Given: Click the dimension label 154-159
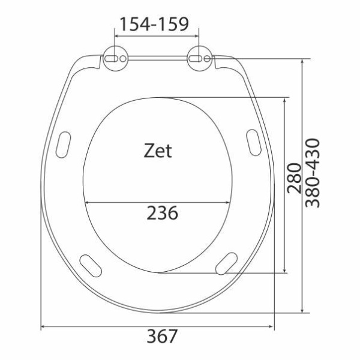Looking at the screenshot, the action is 154,25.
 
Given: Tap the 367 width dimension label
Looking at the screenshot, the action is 162,336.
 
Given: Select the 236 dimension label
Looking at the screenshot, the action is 162,213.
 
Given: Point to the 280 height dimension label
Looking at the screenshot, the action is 295,178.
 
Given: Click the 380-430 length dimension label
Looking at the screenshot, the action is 312,173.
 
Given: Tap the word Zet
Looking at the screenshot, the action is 158,151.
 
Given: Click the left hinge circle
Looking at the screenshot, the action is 115,58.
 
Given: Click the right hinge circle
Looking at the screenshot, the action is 200,58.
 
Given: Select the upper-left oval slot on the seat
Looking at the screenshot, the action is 63,145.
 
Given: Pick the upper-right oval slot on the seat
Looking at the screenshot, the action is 254,143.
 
